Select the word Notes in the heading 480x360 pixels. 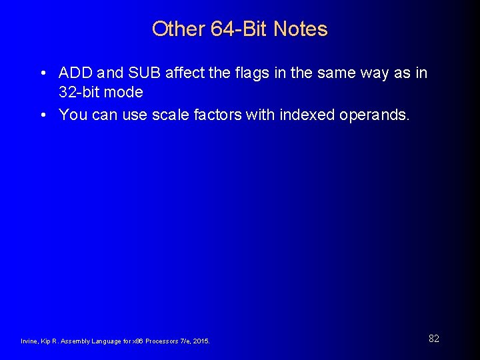(301, 29)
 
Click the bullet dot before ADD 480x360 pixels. (43, 73)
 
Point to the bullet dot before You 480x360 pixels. (43, 115)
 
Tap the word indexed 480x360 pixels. (307, 115)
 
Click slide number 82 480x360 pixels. (433, 339)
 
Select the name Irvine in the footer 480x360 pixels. (29, 341)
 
